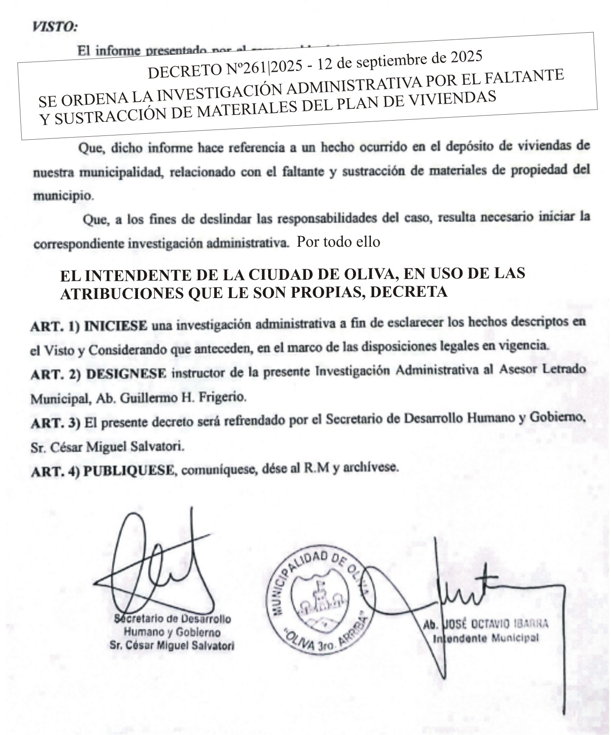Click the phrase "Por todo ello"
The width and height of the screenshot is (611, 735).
(x=338, y=242)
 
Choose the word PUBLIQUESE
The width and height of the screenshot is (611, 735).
(x=129, y=470)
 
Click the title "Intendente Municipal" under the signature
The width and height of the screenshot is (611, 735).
(x=485, y=638)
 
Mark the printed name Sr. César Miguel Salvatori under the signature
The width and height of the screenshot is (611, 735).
(x=172, y=646)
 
